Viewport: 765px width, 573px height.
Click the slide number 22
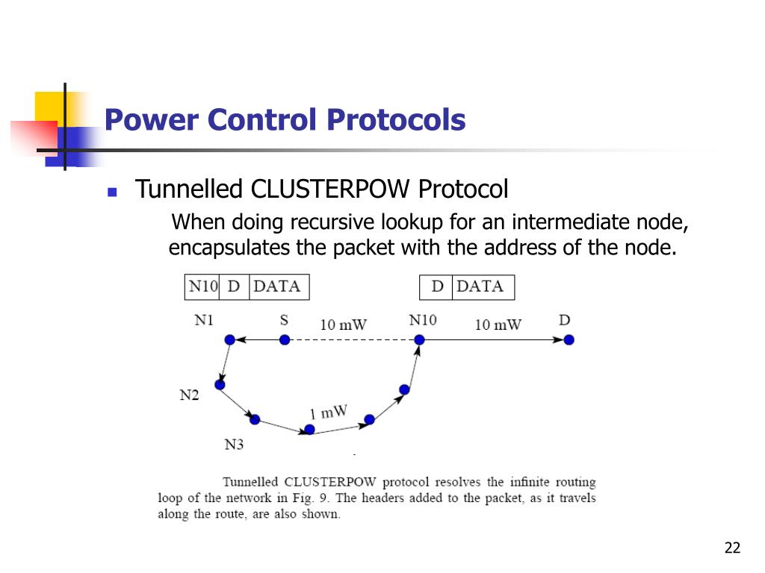[x=732, y=549]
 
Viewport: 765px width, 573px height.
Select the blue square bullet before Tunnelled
[x=113, y=192]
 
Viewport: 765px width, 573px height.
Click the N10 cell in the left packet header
[x=202, y=286]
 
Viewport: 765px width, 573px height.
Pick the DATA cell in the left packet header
[x=277, y=286]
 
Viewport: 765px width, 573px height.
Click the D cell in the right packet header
[x=437, y=286]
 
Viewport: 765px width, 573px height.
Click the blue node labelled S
[x=285, y=340]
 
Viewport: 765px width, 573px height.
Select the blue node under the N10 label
[x=420, y=340]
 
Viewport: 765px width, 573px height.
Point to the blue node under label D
[x=569, y=340]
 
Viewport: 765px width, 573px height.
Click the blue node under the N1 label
[x=230, y=340]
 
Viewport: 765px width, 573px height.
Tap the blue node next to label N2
[x=220, y=384]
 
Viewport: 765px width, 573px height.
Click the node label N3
[x=234, y=445]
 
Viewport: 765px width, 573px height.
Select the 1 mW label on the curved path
[x=328, y=412]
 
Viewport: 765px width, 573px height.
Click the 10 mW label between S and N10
[x=344, y=325]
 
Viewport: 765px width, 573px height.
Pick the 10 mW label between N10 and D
[x=498, y=325]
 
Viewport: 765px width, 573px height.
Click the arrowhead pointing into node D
[x=559, y=340]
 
